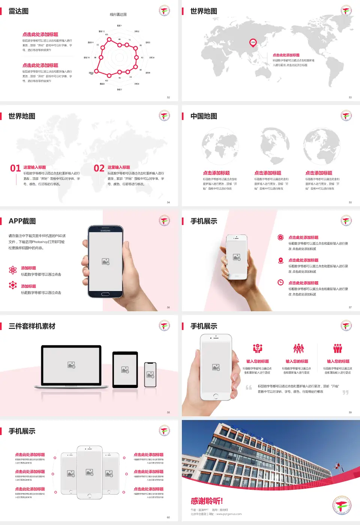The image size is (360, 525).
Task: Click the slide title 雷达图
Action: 18,11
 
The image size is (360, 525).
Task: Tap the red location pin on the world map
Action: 253,42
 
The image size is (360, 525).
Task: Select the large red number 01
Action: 15,168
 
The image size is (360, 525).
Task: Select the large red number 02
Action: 99,168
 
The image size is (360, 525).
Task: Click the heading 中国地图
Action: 204,116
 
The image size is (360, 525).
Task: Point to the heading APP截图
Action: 22,221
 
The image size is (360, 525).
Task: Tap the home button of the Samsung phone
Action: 105,294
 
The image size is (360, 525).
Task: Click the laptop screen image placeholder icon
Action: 71,364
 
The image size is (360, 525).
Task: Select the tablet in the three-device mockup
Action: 125,370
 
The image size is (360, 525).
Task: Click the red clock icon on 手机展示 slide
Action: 280,282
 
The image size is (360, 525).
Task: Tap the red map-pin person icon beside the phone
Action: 280,260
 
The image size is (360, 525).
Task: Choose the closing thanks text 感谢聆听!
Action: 207,501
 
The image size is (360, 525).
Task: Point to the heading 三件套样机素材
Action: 32,326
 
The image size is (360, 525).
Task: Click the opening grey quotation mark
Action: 249,387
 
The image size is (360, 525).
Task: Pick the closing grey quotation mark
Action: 345,392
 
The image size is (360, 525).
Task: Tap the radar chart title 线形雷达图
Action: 118,15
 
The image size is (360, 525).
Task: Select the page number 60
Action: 168,517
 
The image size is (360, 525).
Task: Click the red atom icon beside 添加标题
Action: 13,270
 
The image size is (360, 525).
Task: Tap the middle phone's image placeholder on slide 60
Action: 89,472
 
